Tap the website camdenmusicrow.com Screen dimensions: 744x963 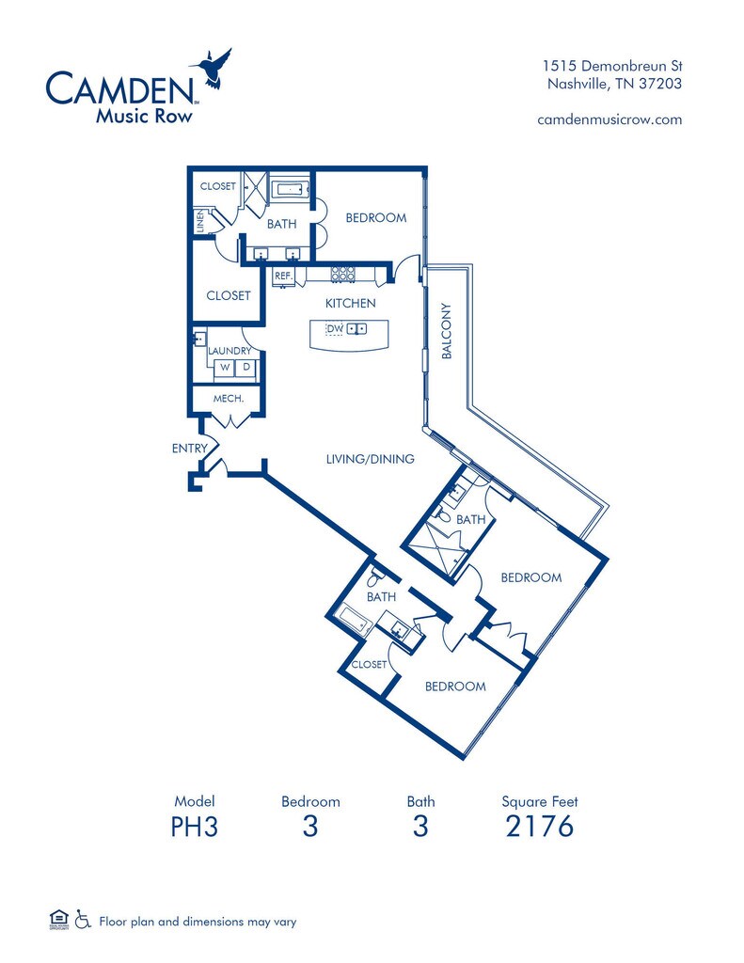609,119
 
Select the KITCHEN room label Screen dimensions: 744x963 350,303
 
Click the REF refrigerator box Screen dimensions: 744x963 282,276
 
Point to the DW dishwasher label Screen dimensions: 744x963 335,328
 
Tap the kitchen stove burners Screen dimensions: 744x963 343,275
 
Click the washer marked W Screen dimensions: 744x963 225,368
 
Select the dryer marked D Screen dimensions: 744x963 246,368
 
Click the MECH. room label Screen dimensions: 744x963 229,399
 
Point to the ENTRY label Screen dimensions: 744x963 189,449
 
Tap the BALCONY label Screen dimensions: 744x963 448,330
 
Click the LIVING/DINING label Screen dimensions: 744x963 370,459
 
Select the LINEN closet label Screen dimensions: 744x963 200,220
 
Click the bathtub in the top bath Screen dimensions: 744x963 290,190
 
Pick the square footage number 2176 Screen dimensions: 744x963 539,827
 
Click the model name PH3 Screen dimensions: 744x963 195,827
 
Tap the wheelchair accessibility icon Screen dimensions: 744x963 83,920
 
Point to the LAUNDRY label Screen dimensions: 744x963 229,351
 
